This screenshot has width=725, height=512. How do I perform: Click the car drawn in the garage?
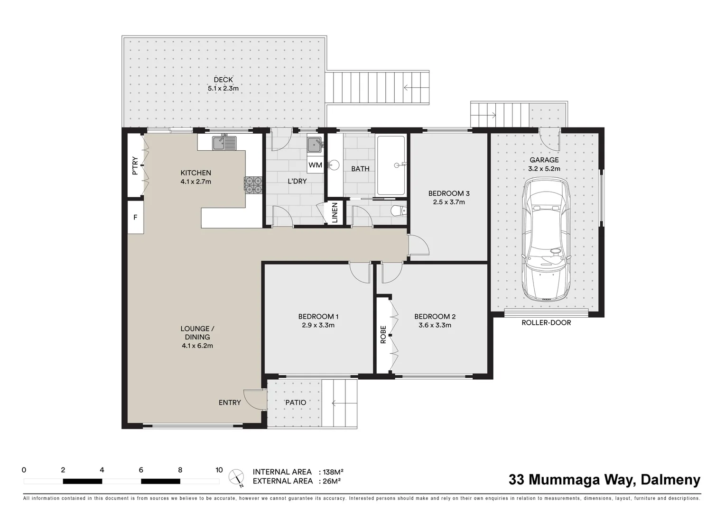pos(546,239)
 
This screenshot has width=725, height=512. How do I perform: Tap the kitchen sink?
pos(224,143)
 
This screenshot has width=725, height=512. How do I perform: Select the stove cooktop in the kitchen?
pos(253,185)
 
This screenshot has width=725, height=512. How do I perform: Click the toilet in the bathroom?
pos(398,210)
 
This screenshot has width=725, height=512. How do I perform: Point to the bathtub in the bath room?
pos(391,165)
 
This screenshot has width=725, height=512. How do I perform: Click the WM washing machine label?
pos(315,165)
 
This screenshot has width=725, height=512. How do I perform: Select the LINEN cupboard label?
pos(335,213)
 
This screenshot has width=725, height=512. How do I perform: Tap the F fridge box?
pos(135,217)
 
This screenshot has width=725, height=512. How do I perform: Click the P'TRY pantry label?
pos(135,165)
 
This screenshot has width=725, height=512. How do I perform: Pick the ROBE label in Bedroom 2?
pos(383,334)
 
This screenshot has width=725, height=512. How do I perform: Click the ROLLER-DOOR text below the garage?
pos(546,323)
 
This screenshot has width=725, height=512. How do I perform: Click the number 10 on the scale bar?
pos(219,470)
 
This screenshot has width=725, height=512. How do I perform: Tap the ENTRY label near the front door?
pos(230,402)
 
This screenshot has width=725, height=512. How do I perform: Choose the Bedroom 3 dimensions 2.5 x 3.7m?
pos(449,202)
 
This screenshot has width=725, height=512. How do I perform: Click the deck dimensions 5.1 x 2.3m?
pos(223,88)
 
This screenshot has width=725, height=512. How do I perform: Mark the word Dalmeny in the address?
pos(670,480)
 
